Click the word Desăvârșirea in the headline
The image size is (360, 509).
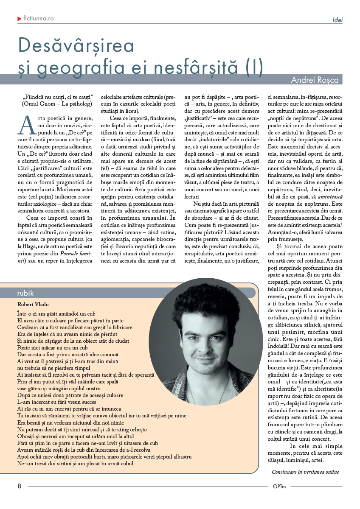[76, 45]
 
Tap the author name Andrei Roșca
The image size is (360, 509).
[316, 80]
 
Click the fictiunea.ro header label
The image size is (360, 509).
[39, 19]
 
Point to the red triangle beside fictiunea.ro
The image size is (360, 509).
[20, 19]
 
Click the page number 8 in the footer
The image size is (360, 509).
[19, 486]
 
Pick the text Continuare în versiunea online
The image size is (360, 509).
[305, 472]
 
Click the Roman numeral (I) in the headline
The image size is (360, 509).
[254, 67]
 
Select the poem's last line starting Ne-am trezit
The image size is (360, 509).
[75, 464]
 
